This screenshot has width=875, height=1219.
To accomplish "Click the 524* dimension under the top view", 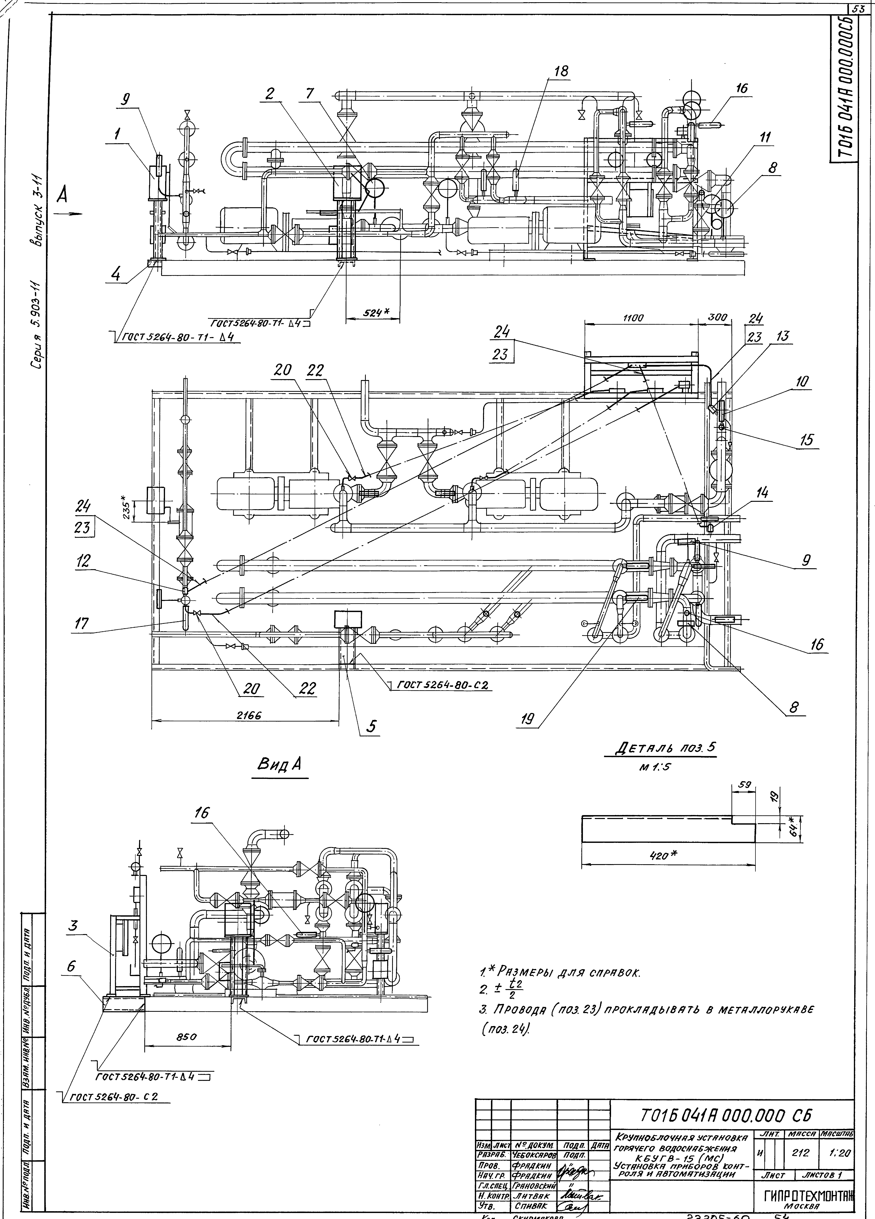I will [x=370, y=312].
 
